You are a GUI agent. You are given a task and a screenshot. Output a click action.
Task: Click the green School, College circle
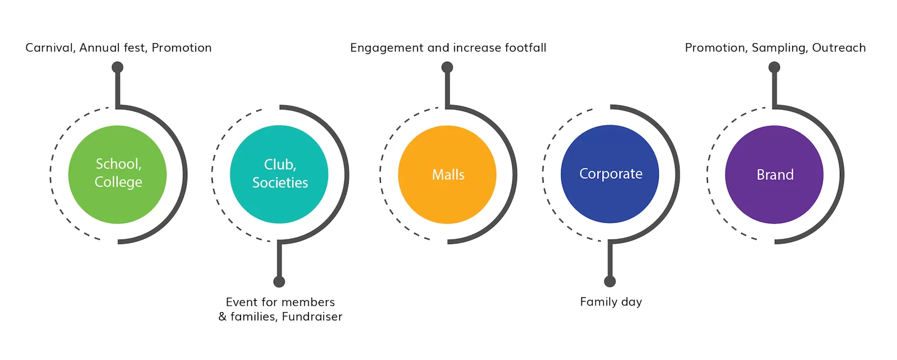coord(117,174)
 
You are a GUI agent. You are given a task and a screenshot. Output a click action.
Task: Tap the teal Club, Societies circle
coord(279,174)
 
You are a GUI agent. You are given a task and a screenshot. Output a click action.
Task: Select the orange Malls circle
coord(447,174)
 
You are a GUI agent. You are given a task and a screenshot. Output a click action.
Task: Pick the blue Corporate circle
coord(610,174)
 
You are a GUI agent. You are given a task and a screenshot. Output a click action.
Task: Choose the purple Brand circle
coord(774,174)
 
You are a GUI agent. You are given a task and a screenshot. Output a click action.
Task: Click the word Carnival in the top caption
coord(50,48)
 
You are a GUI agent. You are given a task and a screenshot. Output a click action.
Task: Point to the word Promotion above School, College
coord(182,48)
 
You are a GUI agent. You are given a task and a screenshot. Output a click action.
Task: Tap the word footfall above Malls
coord(525,48)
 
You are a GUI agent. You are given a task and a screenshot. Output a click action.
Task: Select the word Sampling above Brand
coord(780,48)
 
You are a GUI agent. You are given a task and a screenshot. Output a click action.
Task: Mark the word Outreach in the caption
coord(839,48)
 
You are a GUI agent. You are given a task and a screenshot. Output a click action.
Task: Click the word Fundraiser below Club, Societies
coord(312,317)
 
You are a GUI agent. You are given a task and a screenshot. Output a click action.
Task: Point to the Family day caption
coord(611,302)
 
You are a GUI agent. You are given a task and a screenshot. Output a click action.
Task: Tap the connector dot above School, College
coord(117,67)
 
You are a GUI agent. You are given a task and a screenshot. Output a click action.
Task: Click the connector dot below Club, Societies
coord(279,282)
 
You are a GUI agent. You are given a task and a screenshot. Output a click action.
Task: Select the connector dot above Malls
coord(447,67)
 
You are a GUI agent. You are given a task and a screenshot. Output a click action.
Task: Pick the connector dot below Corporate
coord(610,281)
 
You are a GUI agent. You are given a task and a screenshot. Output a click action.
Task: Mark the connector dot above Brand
coord(774,67)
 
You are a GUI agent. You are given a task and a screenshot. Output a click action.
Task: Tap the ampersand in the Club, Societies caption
coord(222,317)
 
